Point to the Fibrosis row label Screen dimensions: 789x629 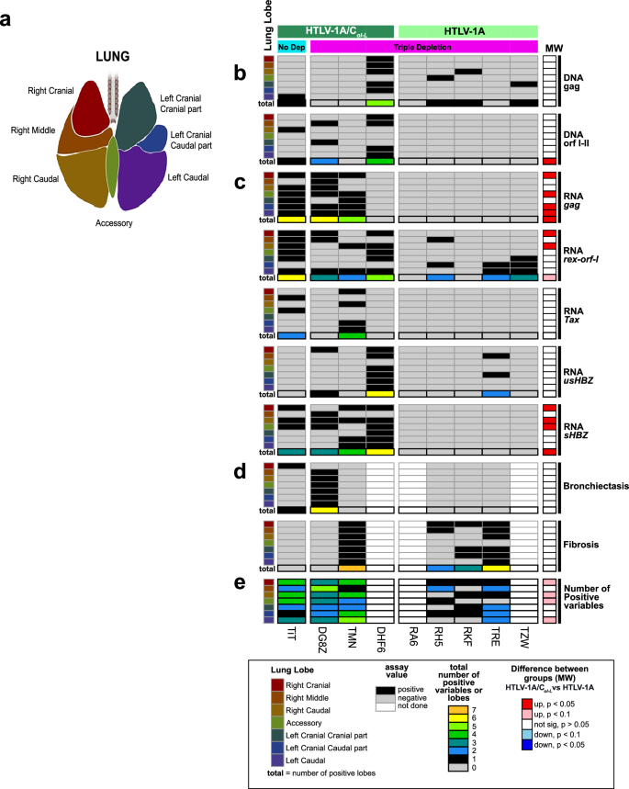(580, 545)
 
